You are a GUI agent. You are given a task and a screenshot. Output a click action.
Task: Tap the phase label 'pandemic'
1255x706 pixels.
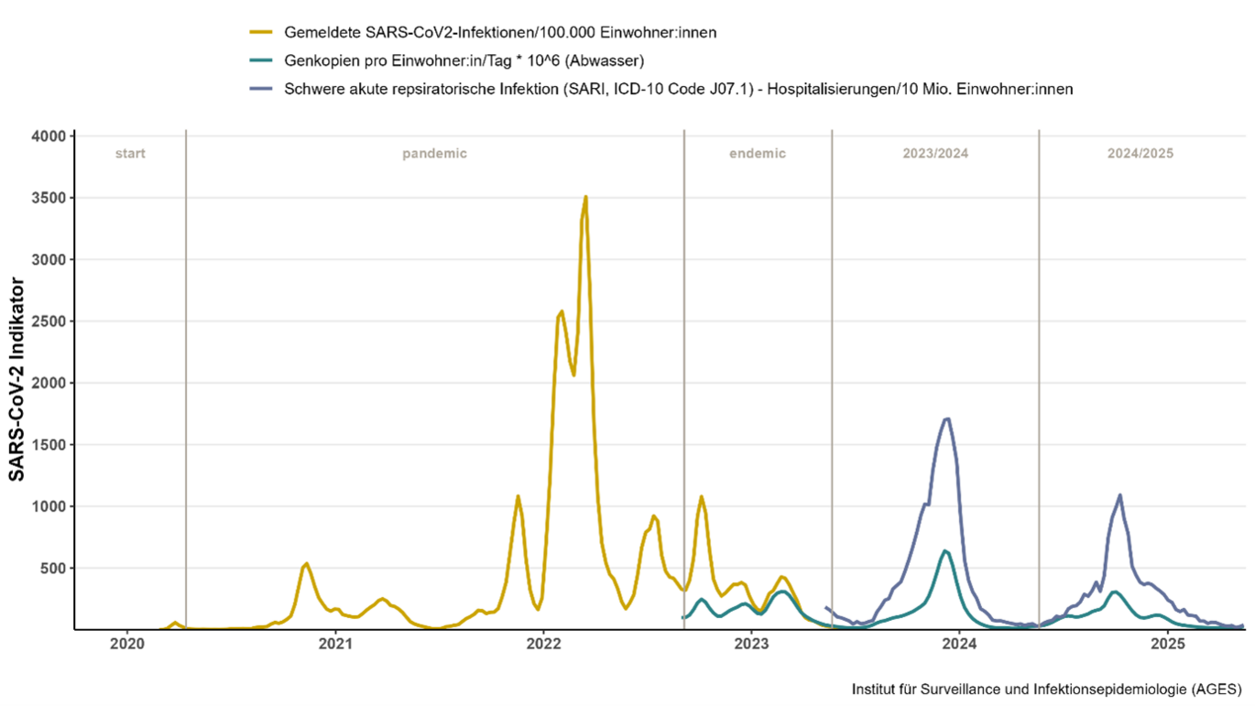coord(434,154)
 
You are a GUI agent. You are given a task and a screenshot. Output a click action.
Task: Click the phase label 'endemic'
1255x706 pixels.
coord(758,154)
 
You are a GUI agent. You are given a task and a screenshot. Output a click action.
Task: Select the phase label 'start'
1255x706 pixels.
coord(130,154)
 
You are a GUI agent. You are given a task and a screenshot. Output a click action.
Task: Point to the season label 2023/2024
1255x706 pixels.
coord(934,154)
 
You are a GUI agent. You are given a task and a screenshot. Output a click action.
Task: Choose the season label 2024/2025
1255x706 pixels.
coord(1141,154)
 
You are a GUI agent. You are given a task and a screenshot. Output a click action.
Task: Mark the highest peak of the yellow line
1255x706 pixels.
coord(585,197)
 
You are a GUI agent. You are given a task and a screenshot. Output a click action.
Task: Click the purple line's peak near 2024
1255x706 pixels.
coord(947,419)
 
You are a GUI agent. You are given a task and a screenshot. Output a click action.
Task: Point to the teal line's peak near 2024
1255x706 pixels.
coord(944,551)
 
